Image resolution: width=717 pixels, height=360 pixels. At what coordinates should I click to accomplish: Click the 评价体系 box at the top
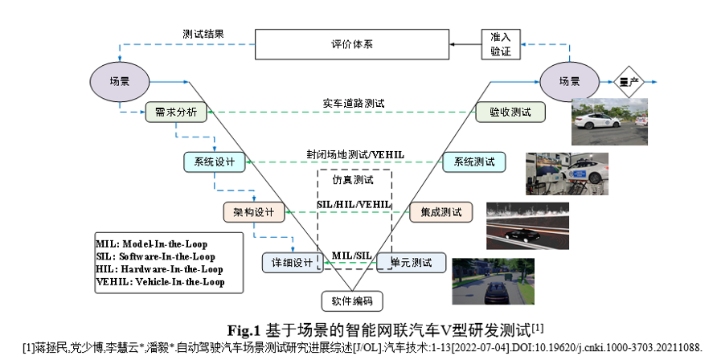point(351,44)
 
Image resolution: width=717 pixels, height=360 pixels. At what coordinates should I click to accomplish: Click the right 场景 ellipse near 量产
point(569,81)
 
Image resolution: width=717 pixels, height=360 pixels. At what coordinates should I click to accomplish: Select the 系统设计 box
point(214,162)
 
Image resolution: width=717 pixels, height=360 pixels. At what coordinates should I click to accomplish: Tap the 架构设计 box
point(254,212)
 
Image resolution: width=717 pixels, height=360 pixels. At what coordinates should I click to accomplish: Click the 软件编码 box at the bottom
point(351,301)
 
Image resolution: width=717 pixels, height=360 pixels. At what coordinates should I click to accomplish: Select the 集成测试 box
point(440,212)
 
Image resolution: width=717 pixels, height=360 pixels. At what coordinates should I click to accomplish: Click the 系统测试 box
point(474,162)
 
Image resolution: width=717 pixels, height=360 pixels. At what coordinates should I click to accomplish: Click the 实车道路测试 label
point(354,103)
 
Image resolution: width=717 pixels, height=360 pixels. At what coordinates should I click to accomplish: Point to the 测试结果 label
point(203,34)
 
